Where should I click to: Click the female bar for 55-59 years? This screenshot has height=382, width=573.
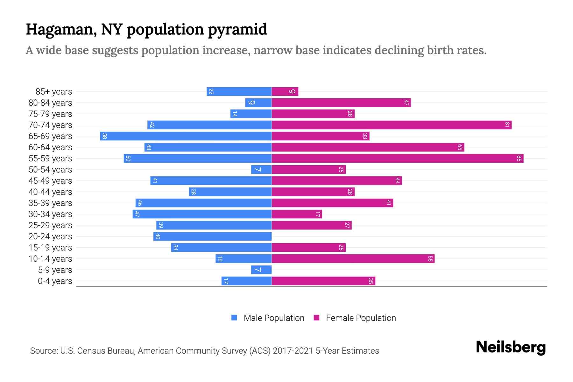397,159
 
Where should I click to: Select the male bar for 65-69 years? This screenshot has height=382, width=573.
186,136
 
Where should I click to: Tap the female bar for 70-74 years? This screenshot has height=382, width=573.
392,125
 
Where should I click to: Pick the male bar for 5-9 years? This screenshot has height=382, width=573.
261,270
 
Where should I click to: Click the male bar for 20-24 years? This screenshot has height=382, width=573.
212,237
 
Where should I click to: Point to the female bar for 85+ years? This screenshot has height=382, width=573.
285,92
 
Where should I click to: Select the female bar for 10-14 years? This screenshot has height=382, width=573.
353,259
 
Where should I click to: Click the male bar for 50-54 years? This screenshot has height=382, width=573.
261,170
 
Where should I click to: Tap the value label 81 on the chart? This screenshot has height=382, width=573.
507,125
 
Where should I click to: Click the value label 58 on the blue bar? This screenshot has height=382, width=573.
104,136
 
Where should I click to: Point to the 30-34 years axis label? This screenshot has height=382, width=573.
50,214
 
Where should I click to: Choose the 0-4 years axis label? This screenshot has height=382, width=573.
55,281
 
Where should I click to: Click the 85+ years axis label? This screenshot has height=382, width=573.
54,92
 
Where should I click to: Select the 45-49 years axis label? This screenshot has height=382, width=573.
50,181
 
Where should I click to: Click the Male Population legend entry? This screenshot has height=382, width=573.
274,318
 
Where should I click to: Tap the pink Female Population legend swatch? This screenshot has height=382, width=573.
316,318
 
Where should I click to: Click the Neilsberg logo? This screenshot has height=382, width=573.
511,347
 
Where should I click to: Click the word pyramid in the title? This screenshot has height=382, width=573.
237,30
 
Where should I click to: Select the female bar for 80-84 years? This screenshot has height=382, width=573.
341,103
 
